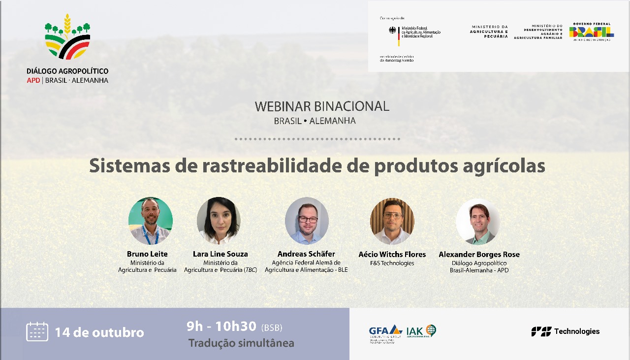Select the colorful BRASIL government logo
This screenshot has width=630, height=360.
coord(591,32)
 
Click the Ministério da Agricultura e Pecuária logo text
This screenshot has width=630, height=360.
coord(489,32)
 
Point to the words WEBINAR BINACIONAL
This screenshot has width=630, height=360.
coord(322,106)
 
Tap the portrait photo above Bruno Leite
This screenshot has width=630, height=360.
coord(150,221)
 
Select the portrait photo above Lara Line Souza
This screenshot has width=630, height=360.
coord(219,221)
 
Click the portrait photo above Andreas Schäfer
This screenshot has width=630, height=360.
coord(307,221)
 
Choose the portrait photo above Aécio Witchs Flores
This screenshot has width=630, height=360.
coord(392,221)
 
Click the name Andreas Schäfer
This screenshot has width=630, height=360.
coord(306,254)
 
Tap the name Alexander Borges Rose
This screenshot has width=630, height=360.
coord(479,255)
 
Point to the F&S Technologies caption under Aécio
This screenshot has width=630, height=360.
coord(392,263)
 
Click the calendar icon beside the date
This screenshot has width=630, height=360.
coord(37,331)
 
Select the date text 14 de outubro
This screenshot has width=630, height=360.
coord(99,332)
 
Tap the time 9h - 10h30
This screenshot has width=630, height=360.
coord(221,326)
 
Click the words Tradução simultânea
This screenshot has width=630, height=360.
coord(241,343)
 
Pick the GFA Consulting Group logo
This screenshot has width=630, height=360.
coord(385,333)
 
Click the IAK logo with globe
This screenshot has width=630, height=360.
coord(421,331)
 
